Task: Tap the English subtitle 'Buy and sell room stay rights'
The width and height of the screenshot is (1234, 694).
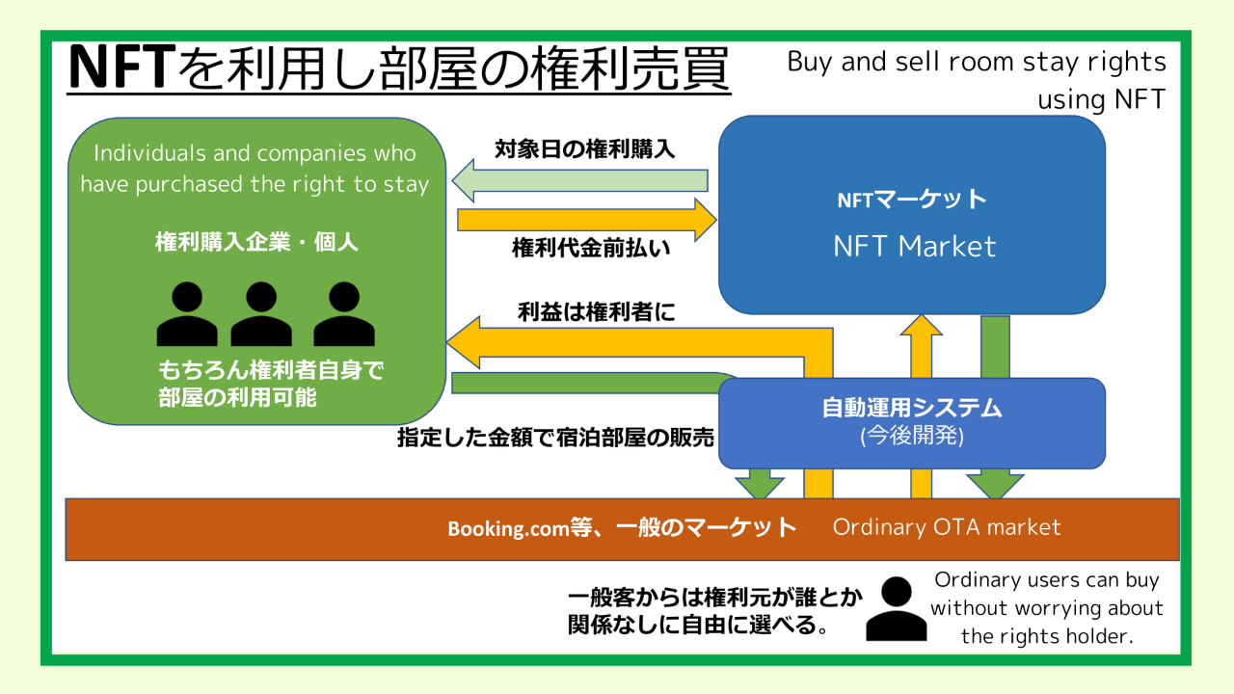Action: (977, 63)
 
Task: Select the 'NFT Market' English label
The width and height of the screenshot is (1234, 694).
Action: (914, 246)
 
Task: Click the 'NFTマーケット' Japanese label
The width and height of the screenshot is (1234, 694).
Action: (912, 200)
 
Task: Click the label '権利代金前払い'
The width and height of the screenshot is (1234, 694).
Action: (591, 248)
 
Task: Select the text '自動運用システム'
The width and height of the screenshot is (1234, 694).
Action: (912, 408)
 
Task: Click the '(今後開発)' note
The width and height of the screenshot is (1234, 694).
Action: (912, 435)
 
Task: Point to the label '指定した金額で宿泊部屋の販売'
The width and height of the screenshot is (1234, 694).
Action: (556, 438)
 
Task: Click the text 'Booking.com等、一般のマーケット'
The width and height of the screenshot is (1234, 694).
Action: (622, 528)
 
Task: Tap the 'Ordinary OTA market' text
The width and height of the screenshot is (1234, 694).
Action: (947, 528)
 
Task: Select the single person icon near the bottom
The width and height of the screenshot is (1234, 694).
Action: (896, 609)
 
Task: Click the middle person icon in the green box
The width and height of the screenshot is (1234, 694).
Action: (260, 314)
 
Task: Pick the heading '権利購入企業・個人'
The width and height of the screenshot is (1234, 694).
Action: (256, 242)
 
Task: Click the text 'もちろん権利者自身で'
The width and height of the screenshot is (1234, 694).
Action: (271, 371)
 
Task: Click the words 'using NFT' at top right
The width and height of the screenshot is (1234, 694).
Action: (1101, 99)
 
